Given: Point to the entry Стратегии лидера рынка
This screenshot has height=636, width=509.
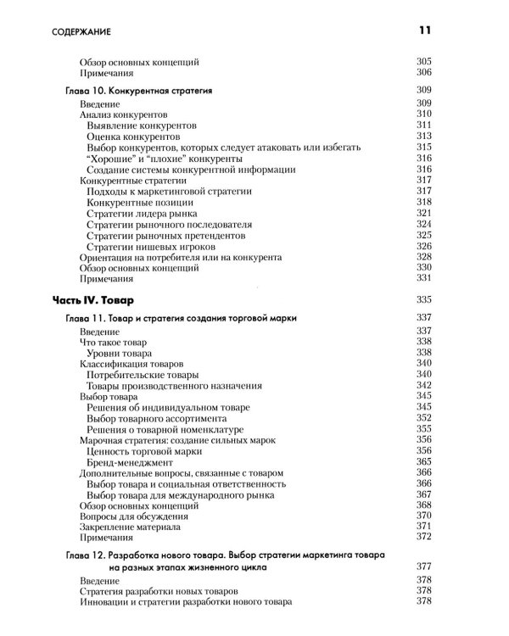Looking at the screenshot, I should (142, 212).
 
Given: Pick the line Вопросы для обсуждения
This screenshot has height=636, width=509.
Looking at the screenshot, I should (132, 515).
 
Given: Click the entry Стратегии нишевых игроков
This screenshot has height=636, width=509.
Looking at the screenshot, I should (147, 245).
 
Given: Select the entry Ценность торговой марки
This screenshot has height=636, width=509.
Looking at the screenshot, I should (145, 449).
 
